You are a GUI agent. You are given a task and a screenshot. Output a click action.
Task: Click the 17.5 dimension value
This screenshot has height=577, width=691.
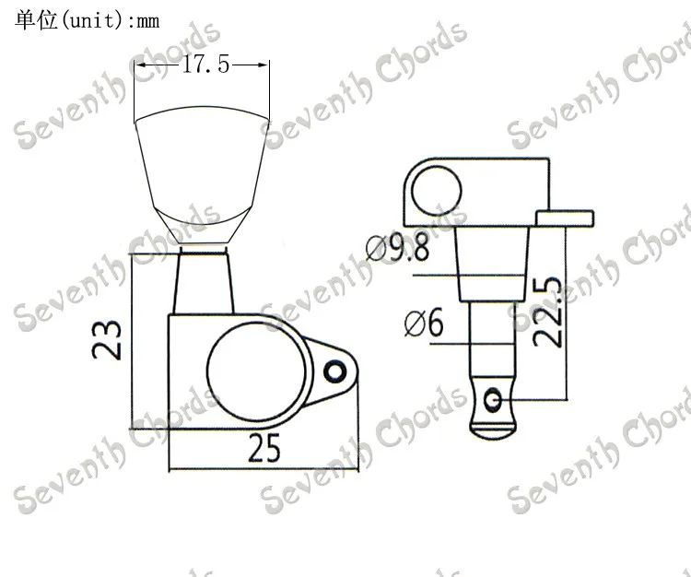[205, 65]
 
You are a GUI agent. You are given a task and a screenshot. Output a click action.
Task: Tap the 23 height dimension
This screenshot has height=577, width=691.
[106, 340]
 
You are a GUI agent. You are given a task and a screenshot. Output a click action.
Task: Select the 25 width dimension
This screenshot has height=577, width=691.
[264, 448]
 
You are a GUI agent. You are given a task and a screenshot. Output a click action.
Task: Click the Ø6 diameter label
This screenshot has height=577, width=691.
[424, 324]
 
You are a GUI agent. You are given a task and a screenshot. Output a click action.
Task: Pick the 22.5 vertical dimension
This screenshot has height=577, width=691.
[547, 312]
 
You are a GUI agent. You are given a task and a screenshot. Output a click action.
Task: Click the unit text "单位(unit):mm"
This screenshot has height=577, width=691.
[88, 20]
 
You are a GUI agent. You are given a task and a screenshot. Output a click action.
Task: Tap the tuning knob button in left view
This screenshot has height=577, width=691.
[202, 174]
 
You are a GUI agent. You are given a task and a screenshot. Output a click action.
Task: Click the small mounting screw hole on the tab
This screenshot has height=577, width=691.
[335, 372]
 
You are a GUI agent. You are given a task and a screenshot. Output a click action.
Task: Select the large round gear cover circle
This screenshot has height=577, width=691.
[256, 371]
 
